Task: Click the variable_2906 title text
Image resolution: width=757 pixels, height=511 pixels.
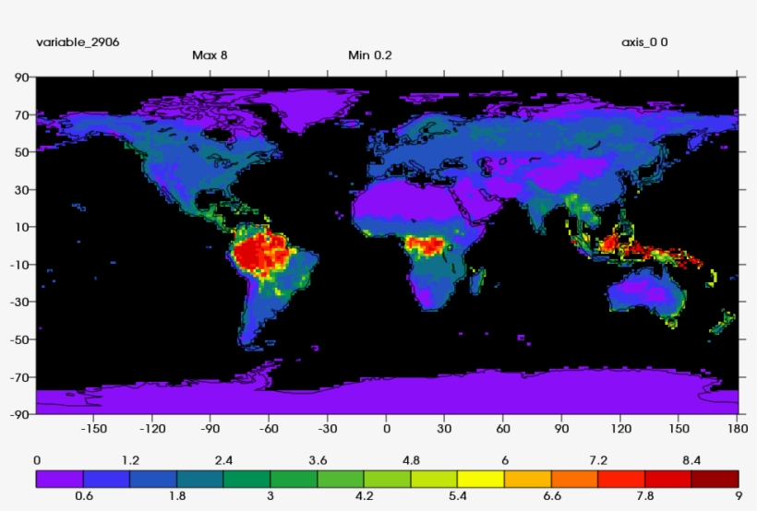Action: [78, 42]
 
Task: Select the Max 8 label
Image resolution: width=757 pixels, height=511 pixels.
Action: [210, 54]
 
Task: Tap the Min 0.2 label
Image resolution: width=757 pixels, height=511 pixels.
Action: [369, 54]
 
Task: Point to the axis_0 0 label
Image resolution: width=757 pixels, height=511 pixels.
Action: [644, 42]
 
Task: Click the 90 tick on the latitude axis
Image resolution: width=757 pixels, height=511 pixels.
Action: [20, 78]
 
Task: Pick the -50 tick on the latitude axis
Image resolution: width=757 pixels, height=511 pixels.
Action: [18, 339]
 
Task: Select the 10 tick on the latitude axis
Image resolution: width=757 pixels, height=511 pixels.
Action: [20, 228]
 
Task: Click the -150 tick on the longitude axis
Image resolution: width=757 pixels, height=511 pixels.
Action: [94, 428]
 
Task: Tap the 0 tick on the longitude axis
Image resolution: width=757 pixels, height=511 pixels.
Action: [387, 428]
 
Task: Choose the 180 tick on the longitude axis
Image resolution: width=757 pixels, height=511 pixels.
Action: [738, 428]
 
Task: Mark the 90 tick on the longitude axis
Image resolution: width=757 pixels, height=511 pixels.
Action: [562, 428]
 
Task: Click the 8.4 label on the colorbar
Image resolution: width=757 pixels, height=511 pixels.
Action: [691, 460]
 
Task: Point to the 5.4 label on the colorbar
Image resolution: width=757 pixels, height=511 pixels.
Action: [457, 495]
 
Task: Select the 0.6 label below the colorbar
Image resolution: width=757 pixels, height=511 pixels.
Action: [83, 495]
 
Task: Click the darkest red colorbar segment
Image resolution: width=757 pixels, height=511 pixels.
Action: [715, 478]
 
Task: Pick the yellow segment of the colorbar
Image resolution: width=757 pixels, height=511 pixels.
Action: [481, 478]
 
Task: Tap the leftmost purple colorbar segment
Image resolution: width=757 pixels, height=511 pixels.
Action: [59, 478]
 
